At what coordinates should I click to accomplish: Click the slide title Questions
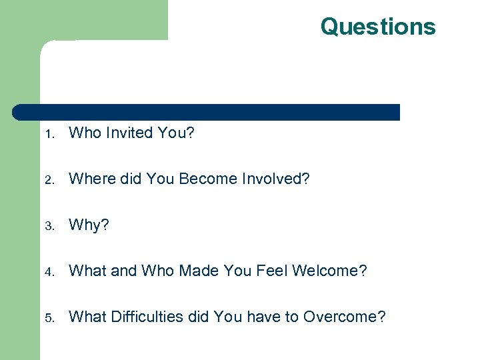coord(377,27)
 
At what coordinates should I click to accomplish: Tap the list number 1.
coord(49,134)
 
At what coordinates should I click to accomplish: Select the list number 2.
coord(49,180)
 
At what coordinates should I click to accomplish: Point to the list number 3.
coord(49,226)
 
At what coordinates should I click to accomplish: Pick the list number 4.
coord(49,272)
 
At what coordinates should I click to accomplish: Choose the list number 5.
coord(49,318)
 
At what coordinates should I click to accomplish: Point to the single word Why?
coord(89,225)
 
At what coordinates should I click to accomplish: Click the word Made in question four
coord(193,271)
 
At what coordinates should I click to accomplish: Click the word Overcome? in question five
coord(344,317)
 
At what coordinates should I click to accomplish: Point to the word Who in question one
coord(85,133)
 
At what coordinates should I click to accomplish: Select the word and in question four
coord(123,271)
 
